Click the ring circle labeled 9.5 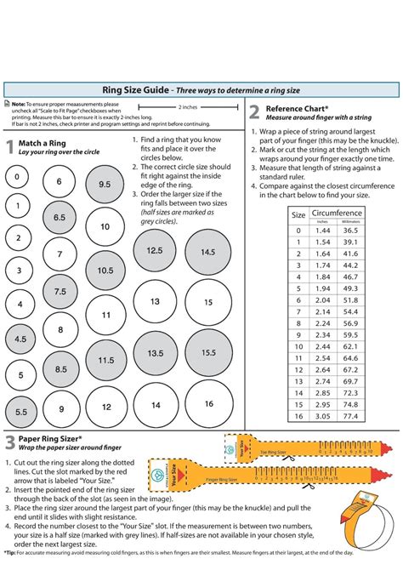(105, 185)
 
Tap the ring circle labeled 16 (207, 404)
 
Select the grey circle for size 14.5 (207, 253)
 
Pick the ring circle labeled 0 (17, 178)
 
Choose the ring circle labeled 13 (155, 301)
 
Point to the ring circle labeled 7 (59, 254)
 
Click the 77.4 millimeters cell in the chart (349, 417)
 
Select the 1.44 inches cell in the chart (322, 231)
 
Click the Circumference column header (336, 213)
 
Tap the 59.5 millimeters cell (349, 347)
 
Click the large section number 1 (9, 147)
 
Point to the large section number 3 (9, 442)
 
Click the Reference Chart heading (297, 109)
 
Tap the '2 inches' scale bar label (189, 108)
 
